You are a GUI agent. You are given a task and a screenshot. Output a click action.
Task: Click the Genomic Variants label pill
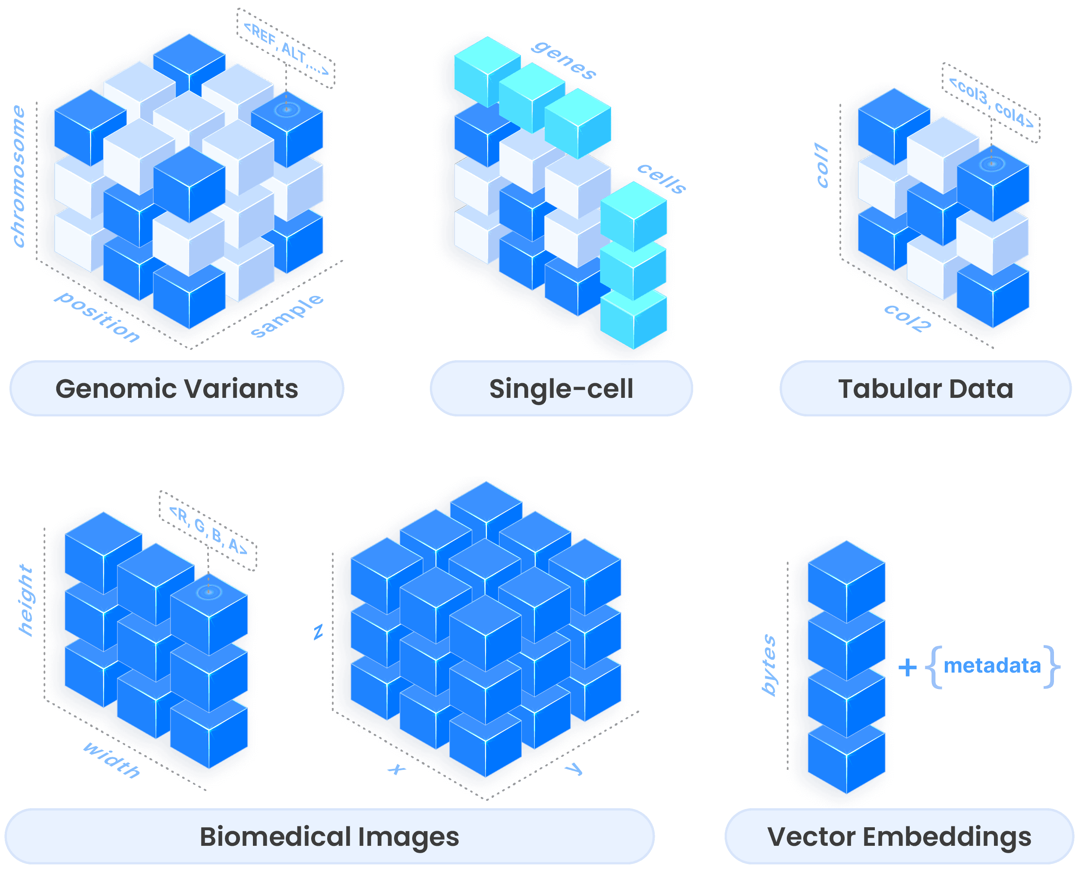[x=177, y=389]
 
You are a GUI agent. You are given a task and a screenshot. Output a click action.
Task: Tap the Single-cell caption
[x=561, y=389]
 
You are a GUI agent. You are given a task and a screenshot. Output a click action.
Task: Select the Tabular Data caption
[x=926, y=389]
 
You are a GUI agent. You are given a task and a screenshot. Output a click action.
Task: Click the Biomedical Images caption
[x=329, y=836]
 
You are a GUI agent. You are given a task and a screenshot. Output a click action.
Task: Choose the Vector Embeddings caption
[x=899, y=836]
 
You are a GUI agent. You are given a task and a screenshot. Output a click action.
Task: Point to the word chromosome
[x=19, y=176]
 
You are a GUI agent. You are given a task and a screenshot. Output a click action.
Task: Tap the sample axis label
[x=287, y=316]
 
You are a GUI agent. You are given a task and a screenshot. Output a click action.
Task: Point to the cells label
[x=661, y=178]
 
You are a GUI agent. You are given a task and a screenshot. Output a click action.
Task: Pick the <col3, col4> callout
[x=991, y=102]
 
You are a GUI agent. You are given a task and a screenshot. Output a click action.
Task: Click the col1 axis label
[x=822, y=165]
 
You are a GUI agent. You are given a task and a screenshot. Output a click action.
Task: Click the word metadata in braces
[x=992, y=666]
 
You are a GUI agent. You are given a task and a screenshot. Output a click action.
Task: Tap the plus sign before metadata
[x=907, y=667]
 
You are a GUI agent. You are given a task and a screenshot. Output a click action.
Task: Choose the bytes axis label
[x=769, y=665]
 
